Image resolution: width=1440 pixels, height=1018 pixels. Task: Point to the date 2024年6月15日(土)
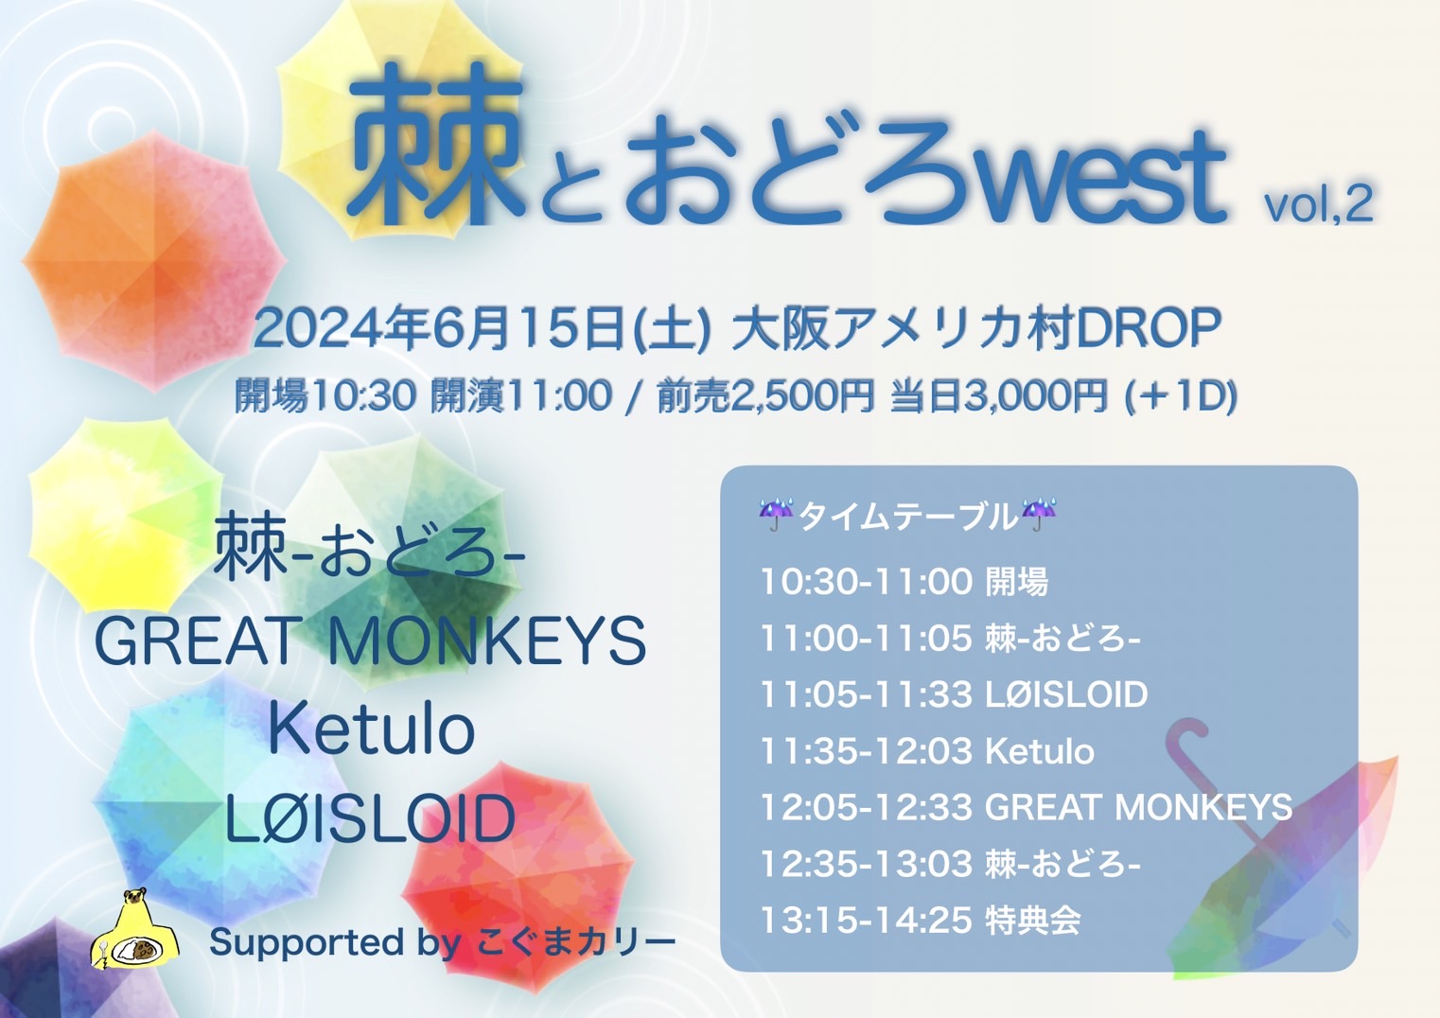483,329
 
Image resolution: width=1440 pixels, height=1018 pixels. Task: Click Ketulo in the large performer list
372,730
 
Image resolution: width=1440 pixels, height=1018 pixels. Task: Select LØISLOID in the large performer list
371,817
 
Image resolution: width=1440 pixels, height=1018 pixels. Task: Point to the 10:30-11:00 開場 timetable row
904,582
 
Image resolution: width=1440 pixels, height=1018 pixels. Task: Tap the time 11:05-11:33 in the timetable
866,694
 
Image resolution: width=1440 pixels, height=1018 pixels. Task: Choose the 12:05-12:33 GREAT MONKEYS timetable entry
1026,808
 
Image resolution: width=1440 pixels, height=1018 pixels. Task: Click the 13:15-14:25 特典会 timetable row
921,921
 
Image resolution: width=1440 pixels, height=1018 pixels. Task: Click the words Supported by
335,943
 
